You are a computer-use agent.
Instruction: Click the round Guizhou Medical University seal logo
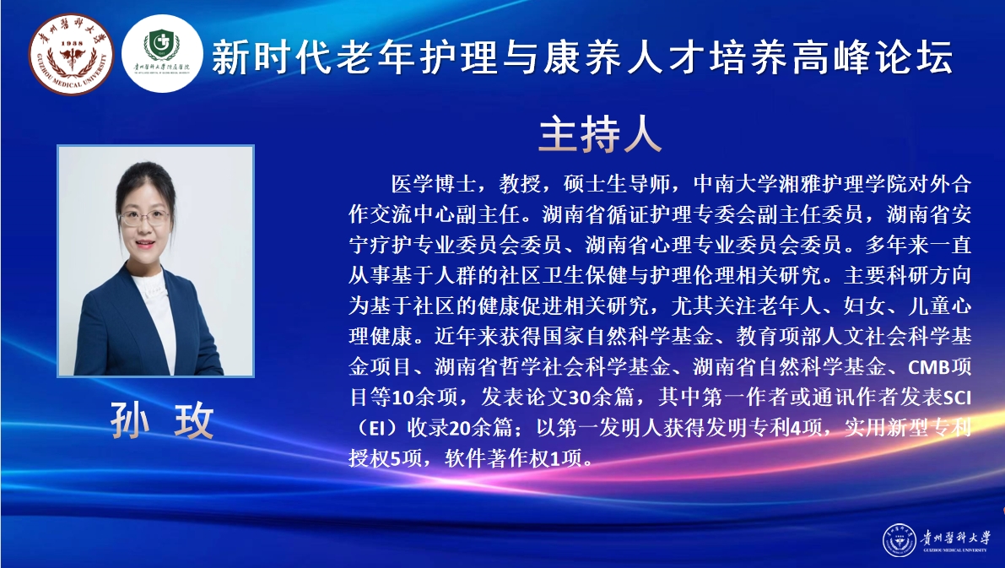(x=71, y=55)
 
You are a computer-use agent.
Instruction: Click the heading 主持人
(x=600, y=135)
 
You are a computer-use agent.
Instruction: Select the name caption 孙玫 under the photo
(x=161, y=420)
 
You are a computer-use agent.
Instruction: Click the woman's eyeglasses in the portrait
(x=144, y=218)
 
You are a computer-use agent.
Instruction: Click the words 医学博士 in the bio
(x=434, y=184)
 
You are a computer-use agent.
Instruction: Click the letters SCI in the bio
(x=958, y=398)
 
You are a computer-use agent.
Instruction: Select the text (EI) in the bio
(x=372, y=428)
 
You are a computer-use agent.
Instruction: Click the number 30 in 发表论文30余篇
(x=580, y=398)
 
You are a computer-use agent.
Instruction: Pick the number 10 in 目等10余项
(x=403, y=398)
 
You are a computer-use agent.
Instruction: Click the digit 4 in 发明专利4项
(x=796, y=428)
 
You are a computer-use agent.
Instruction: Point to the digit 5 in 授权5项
(x=396, y=458)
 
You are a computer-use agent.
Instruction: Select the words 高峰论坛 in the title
(x=873, y=57)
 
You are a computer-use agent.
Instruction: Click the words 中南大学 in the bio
(x=735, y=184)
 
